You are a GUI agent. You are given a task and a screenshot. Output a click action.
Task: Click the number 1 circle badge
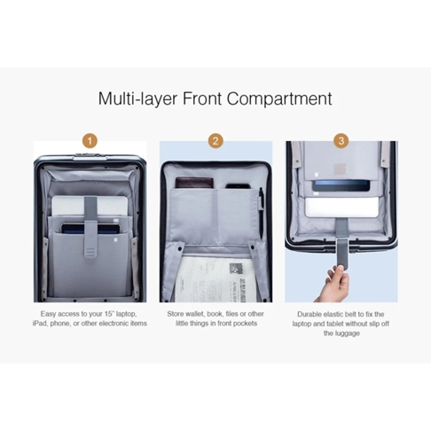[90, 141]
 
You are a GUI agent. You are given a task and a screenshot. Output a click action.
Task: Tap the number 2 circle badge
[215, 141]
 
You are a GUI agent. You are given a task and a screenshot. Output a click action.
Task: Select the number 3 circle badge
[341, 141]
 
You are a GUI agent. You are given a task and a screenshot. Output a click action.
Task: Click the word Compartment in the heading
[279, 98]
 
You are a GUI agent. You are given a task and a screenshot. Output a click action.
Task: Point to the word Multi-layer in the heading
[137, 98]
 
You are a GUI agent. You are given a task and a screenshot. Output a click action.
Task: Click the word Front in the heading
[202, 98]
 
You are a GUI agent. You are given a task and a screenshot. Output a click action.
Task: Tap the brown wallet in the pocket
[194, 183]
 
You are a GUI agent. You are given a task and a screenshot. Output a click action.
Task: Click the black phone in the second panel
[238, 186]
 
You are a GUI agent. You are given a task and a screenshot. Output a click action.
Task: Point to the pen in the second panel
[261, 213]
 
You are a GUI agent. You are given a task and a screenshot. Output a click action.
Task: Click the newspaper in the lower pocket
[211, 278]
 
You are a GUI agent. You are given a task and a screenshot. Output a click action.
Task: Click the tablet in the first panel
[90, 229]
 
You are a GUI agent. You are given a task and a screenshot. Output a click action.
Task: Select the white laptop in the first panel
[90, 206]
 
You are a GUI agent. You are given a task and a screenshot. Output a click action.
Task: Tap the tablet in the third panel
[341, 185]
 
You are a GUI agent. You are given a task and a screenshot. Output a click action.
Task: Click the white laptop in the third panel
[341, 208]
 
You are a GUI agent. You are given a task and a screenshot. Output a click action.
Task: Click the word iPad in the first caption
[40, 324]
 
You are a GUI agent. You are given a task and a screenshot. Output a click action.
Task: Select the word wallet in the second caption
[193, 314]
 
